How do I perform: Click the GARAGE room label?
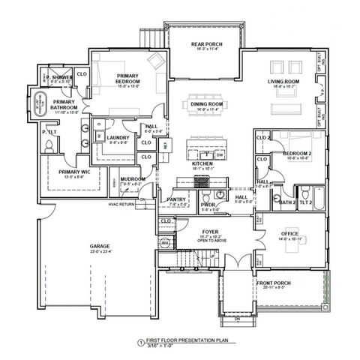(x=99, y=244)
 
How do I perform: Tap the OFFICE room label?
(x=288, y=234)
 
